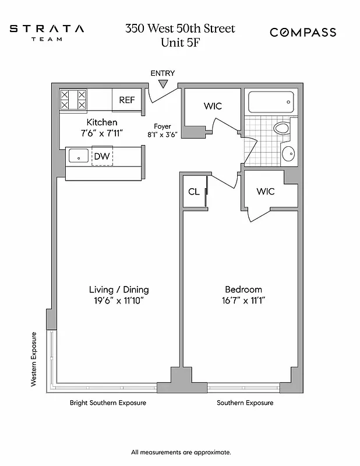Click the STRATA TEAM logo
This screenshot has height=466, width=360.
(47, 32)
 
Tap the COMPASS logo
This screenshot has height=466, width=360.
(302, 33)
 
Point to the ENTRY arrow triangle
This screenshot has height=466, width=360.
(163, 84)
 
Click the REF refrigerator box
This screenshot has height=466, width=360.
(127, 100)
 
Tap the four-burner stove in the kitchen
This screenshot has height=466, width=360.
(73, 100)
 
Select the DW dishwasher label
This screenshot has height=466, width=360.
(102, 156)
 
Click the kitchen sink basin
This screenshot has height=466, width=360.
(79, 156)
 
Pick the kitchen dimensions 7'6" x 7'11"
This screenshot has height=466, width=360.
(102, 133)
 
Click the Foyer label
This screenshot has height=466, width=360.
(162, 126)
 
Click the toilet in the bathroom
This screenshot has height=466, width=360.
(282, 129)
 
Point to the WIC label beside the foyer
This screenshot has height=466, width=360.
(213, 106)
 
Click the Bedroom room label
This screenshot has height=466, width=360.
(243, 290)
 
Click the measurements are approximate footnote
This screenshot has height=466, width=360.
(181, 452)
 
